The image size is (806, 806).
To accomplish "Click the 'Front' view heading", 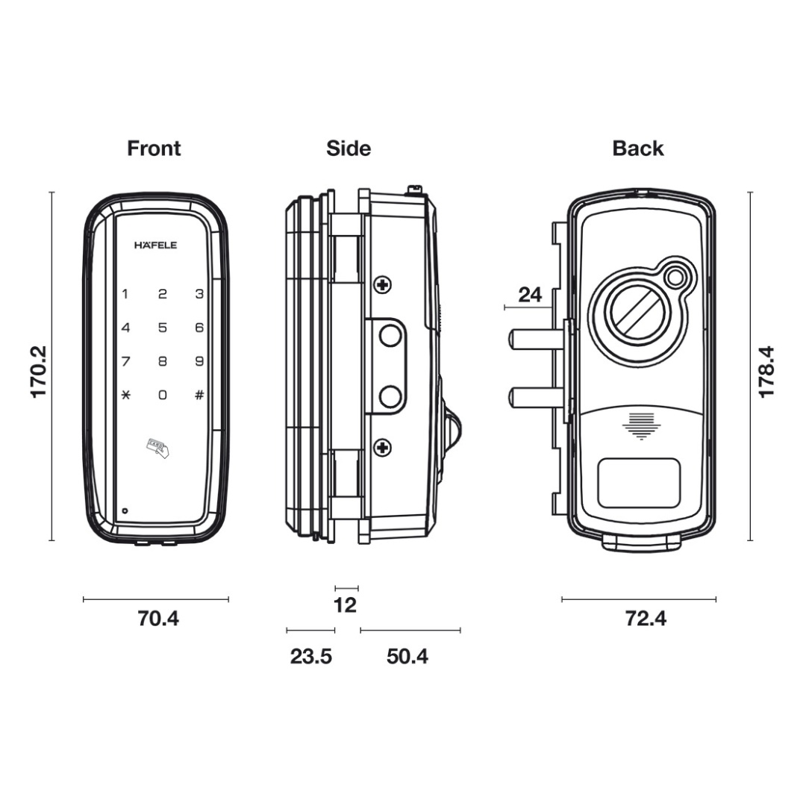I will pos(154,149).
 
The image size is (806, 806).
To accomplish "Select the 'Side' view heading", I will pos(349,149).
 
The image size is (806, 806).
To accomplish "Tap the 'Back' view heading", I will pos(638,149).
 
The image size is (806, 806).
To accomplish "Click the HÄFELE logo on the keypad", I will pos(155,245).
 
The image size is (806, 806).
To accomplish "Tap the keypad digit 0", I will pos(162,395).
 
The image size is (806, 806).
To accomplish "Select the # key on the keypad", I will pos(199,395).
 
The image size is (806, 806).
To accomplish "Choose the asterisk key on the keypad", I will pos(125,395).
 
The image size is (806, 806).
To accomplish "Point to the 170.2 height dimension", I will pos(39,371).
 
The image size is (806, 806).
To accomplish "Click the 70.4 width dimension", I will pos(158,619).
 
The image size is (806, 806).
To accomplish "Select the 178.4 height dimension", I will pos(766,371).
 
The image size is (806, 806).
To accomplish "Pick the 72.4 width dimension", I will pos(646,619).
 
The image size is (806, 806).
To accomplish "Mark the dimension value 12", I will pos(345,605).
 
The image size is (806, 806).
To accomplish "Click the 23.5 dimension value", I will pos(310,657).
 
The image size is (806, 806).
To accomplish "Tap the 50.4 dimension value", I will pos(407,657).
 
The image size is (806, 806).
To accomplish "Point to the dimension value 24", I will pos(530,294).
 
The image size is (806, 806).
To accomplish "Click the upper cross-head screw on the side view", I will pos(383,284).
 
